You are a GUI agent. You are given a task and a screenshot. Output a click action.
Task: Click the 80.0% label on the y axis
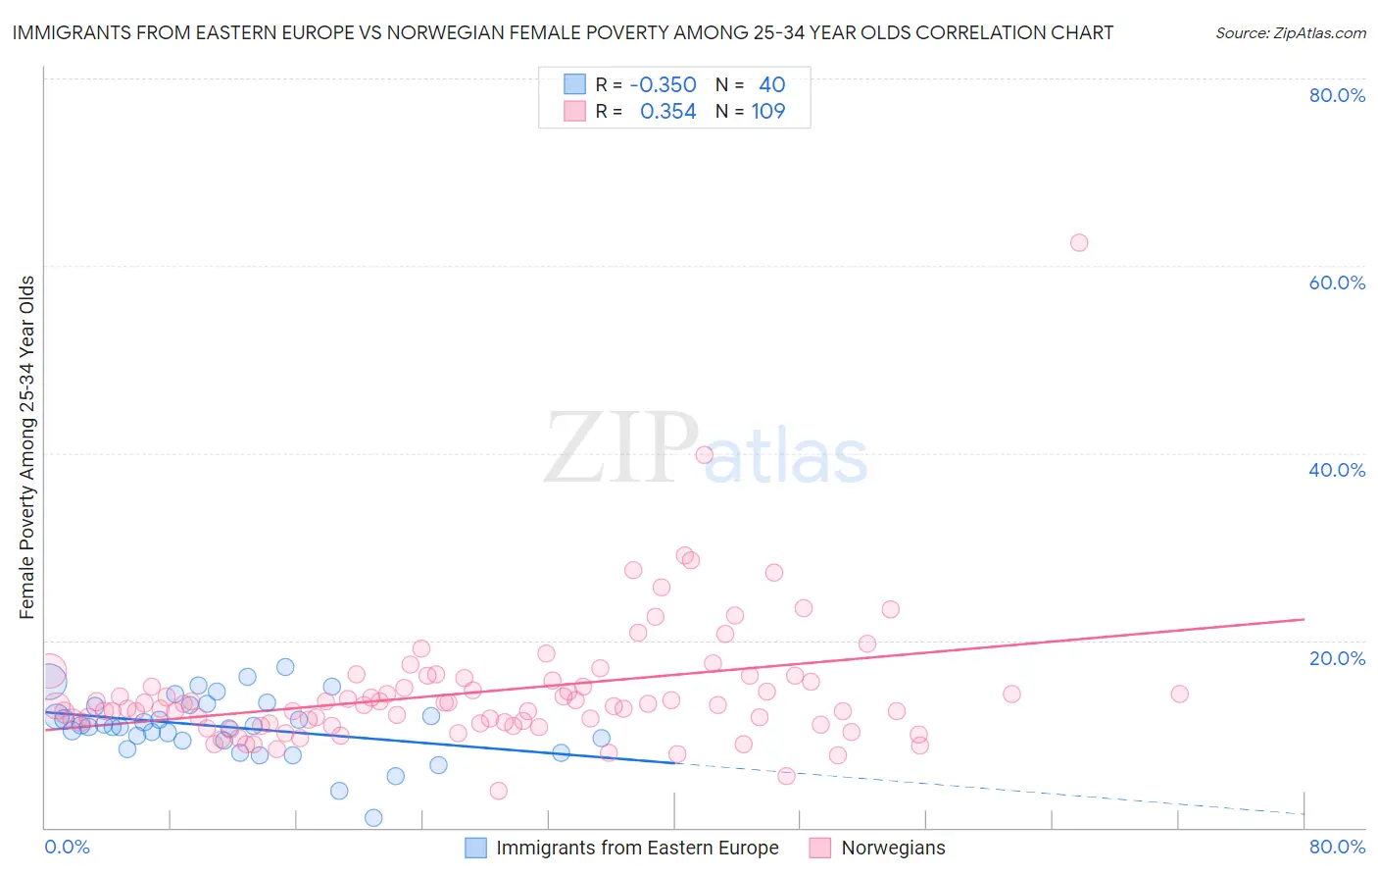(1337, 95)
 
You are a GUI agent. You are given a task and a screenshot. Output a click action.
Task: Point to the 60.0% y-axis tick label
(1337, 283)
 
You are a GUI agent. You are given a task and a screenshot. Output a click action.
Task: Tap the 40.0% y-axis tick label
(1337, 470)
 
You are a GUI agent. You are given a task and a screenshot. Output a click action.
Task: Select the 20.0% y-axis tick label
(1337, 657)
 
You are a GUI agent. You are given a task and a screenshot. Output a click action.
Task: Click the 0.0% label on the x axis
(67, 847)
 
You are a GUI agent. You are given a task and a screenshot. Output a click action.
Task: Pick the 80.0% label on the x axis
(1337, 847)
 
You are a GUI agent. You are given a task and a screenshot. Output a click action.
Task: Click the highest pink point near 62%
(1079, 242)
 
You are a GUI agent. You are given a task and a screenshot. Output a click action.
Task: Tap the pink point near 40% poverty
(704, 454)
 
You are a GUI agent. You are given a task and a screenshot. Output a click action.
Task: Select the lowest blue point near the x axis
(373, 817)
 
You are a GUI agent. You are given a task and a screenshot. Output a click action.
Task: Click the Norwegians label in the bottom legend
(893, 848)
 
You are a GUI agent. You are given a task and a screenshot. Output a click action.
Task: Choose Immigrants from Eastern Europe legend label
(637, 848)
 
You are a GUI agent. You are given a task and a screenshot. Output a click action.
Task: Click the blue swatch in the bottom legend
(475, 848)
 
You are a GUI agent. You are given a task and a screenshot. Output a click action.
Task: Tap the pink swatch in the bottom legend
(820, 848)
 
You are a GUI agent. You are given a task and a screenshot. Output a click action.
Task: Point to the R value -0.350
(663, 85)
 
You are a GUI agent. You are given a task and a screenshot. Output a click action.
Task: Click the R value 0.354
(667, 112)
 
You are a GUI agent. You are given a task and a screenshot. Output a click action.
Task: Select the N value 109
(768, 112)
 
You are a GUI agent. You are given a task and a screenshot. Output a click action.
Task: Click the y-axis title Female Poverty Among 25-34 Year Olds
(27, 447)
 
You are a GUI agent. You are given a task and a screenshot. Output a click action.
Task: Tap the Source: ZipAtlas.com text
(1290, 33)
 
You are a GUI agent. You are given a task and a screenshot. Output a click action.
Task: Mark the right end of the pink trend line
(1304, 619)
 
